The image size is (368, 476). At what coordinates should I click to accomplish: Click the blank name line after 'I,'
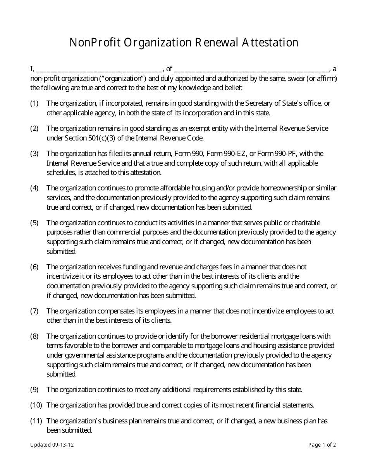coord(100,70)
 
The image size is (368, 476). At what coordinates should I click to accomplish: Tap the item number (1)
coord(34,103)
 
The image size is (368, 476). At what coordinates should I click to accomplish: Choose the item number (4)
coord(34,188)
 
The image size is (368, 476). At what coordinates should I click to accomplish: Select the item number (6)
coord(34,267)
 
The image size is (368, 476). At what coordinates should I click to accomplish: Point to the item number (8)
coord(34,336)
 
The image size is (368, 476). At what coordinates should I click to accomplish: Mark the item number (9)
coord(34,390)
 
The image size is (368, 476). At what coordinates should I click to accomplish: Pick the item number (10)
coord(36,405)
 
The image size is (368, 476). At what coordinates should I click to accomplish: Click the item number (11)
coord(36,421)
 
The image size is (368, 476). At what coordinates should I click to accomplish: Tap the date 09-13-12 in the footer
coord(63,445)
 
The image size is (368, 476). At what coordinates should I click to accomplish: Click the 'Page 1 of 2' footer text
coord(322,445)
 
